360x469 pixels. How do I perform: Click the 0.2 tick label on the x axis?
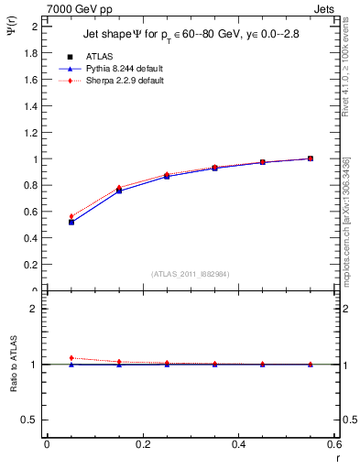[142, 444]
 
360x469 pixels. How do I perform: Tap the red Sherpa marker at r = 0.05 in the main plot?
[71, 216]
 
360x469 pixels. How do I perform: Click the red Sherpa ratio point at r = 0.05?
[71, 358]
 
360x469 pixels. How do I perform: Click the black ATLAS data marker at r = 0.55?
[311, 158]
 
